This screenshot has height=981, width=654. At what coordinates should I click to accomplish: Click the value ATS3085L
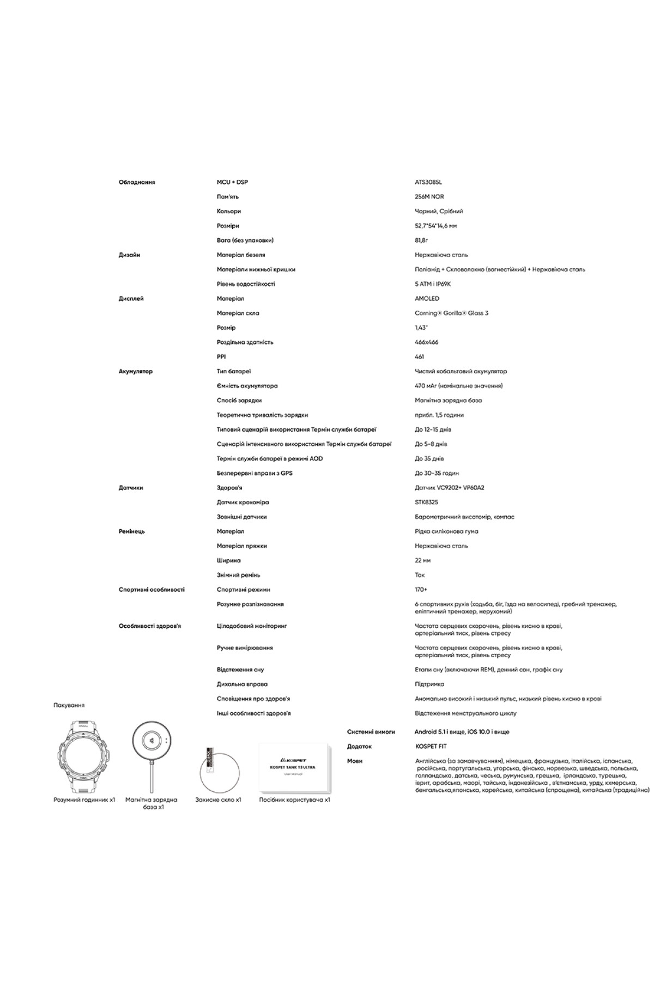(x=428, y=182)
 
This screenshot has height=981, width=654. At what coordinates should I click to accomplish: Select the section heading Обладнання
(x=137, y=182)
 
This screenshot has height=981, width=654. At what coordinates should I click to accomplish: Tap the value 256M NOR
(x=429, y=197)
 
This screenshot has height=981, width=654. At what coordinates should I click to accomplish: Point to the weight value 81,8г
(x=421, y=240)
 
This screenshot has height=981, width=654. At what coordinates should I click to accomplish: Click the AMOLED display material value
(x=427, y=299)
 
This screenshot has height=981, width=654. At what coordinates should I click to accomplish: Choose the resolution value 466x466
(x=426, y=342)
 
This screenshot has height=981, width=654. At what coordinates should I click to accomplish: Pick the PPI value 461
(x=420, y=357)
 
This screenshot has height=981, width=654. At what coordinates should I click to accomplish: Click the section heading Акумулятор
(x=136, y=371)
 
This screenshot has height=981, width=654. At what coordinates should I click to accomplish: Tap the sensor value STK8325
(x=426, y=502)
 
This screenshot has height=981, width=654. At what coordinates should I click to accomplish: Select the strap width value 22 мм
(x=423, y=560)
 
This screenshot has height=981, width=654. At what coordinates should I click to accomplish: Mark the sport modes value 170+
(x=421, y=590)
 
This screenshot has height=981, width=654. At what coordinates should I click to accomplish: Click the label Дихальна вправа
(x=242, y=684)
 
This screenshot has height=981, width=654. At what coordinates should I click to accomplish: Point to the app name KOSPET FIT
(x=431, y=747)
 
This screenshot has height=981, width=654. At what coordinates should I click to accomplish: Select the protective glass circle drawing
(x=218, y=768)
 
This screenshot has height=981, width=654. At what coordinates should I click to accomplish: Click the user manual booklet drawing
(x=294, y=767)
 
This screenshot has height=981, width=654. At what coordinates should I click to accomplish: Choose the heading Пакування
(x=69, y=705)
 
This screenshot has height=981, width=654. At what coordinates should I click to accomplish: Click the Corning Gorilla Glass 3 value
(x=451, y=313)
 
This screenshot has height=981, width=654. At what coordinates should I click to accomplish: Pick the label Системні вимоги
(x=371, y=732)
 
